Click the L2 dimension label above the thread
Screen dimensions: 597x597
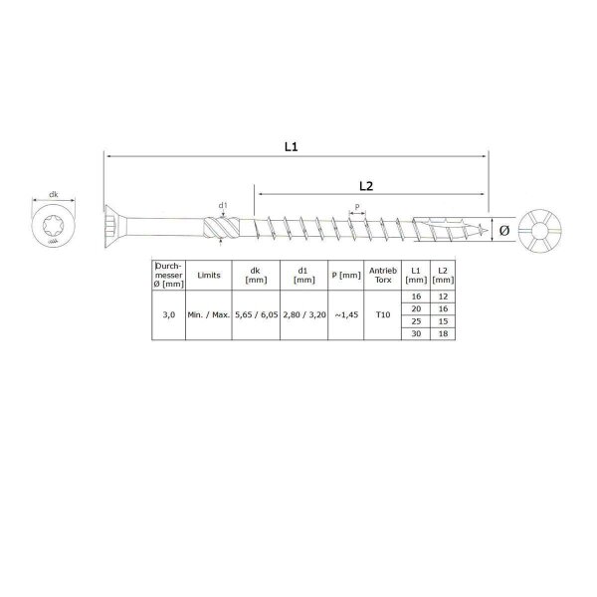364,186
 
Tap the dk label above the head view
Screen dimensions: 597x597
53,196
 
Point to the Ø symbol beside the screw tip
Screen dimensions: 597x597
504,230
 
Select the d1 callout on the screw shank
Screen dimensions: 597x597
224,207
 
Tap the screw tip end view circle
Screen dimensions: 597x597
545,230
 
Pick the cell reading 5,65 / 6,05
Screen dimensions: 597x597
256,314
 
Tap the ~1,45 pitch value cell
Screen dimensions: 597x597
344,314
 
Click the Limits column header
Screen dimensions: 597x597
209,275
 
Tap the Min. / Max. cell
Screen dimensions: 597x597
209,314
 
